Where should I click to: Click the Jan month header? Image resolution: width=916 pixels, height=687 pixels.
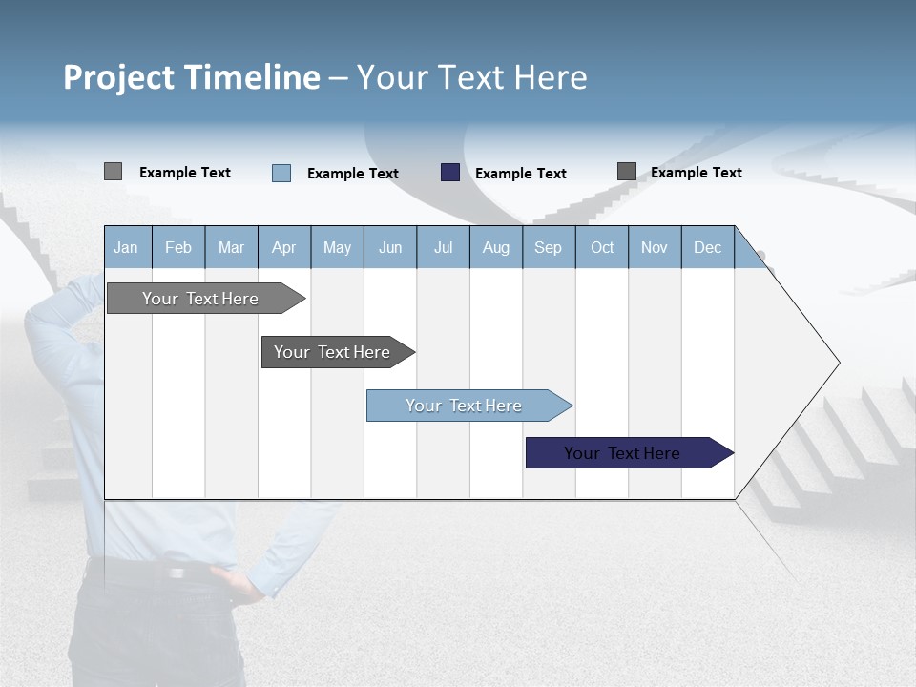point(127,247)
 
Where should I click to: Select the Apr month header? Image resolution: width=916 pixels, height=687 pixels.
point(284,247)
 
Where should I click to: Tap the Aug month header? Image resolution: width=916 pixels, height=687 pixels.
point(496,247)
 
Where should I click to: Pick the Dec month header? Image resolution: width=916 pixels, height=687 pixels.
point(708,247)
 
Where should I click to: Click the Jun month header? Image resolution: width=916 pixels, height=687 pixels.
point(390,247)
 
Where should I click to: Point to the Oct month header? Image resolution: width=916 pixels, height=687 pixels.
point(602,247)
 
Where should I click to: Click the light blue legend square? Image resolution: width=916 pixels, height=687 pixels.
point(281,173)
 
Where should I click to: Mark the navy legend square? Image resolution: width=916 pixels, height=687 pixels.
point(450,173)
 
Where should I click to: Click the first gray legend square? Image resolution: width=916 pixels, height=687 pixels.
point(114,172)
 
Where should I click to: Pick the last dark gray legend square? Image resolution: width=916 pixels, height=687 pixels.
point(627,172)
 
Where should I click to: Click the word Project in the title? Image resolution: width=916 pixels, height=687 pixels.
point(118,77)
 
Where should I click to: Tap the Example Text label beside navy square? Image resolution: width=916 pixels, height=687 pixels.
point(521,174)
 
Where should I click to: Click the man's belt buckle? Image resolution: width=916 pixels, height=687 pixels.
point(177,572)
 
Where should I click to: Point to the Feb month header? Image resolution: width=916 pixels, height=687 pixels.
point(178,247)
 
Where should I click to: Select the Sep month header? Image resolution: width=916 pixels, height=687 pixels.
point(549,247)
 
